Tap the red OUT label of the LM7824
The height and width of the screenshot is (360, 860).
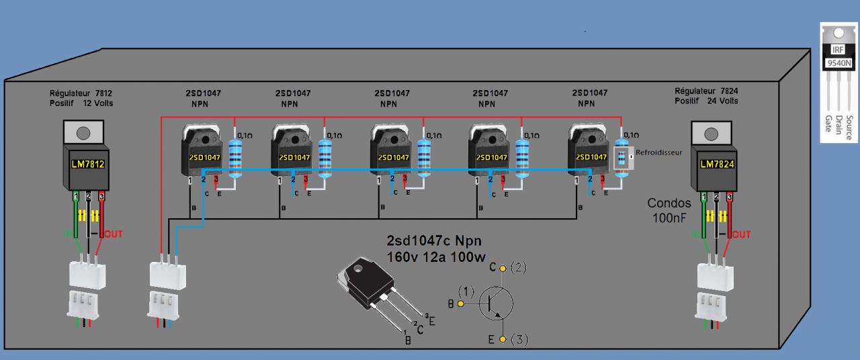pyautogui.click(x=740, y=234)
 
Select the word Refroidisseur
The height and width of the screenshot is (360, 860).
pyautogui.click(x=658, y=152)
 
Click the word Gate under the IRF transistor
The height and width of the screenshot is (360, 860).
pyautogui.click(x=828, y=122)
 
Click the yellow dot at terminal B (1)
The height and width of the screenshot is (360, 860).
pyautogui.click(x=461, y=304)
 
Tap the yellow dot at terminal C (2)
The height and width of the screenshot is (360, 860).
pyautogui.click(x=501, y=267)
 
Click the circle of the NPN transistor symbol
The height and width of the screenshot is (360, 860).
pyautogui.click(x=497, y=304)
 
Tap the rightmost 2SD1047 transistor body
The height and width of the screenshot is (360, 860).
pyautogui.click(x=589, y=156)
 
